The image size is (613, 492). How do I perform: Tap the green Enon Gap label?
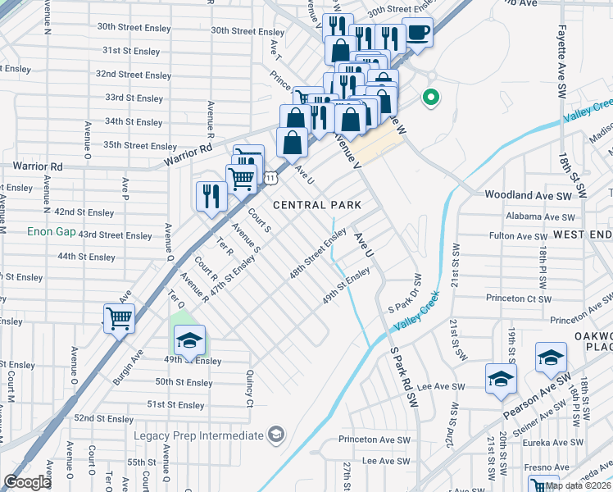[x=51, y=232]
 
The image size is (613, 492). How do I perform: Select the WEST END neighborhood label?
[x=582, y=235]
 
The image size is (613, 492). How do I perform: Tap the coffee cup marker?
[x=418, y=34]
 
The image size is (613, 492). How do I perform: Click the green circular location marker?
[x=430, y=98]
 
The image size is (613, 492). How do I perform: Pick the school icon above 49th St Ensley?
[x=189, y=340]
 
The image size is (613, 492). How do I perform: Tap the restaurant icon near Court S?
[x=211, y=196]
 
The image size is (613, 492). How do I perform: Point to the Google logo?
[x=28, y=482]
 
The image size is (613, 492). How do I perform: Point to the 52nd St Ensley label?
[x=105, y=418]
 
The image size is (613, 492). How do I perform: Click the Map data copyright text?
[x=579, y=485]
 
